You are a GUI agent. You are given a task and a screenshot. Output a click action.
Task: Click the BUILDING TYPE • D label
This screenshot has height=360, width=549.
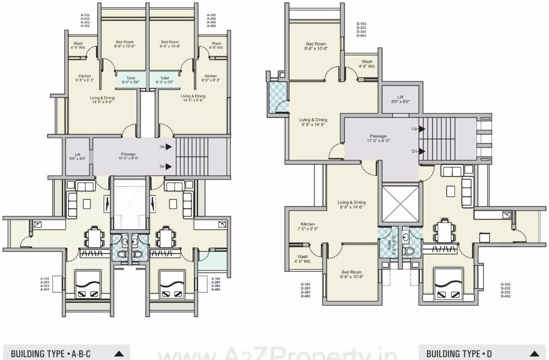coord(459,354)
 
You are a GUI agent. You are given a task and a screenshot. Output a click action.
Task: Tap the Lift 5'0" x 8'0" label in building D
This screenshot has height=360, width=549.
coord(400,99)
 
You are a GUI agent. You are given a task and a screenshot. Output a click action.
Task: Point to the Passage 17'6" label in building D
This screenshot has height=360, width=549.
coord(378,138)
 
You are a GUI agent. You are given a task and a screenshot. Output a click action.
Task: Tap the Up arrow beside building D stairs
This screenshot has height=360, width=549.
coord(422,129)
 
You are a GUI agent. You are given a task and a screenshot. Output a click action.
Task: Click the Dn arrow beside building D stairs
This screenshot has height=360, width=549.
coord(422,151)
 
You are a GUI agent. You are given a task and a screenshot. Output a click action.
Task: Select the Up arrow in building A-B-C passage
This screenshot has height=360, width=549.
coord(168,147)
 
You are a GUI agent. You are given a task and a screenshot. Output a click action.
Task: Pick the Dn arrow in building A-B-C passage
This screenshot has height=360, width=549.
coord(168,167)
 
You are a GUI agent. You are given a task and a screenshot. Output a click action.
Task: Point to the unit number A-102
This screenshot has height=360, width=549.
coord(85,15)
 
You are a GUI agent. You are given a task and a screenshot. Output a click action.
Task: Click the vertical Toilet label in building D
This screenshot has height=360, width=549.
coord(389,244)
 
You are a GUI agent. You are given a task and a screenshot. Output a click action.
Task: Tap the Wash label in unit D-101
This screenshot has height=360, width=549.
coord(303,259)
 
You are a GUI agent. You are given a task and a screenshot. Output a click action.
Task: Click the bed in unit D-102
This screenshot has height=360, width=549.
coord(448,285)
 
